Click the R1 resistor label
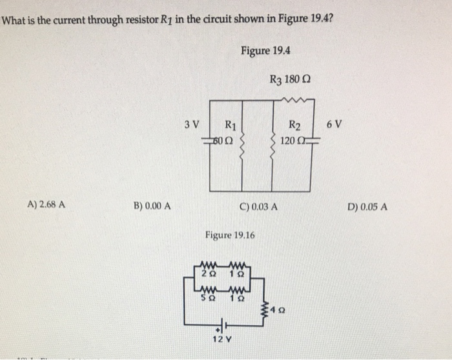pos(229,125)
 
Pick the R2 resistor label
pos(294,125)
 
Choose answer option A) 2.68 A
pos(46,206)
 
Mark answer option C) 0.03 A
pos(258,208)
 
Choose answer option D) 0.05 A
pos(367,208)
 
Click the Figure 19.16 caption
pos(230,235)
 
